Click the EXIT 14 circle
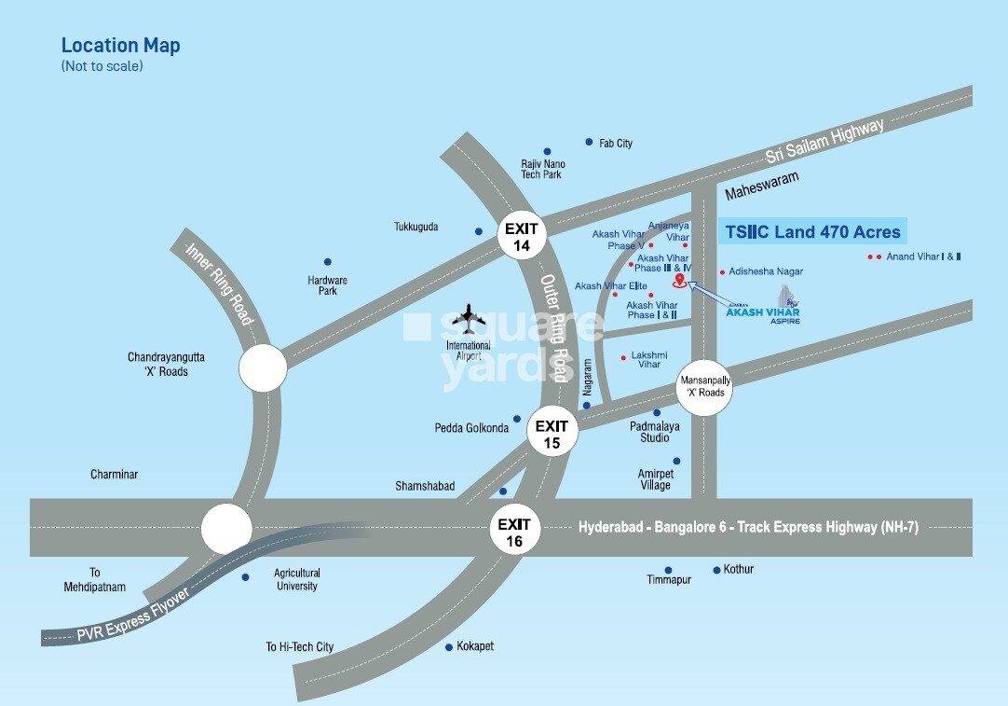(x=521, y=235)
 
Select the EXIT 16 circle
(x=513, y=532)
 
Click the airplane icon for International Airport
(x=469, y=319)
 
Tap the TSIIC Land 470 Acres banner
(x=812, y=231)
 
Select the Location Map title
(x=121, y=46)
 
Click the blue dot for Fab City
(x=589, y=142)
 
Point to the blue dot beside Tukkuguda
(x=479, y=231)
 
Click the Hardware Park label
(x=327, y=285)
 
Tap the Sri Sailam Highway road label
(x=823, y=143)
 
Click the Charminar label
(x=114, y=475)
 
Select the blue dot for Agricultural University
(x=245, y=577)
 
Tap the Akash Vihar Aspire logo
(x=764, y=307)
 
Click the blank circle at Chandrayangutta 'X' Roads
(x=263, y=367)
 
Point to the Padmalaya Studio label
(x=654, y=432)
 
